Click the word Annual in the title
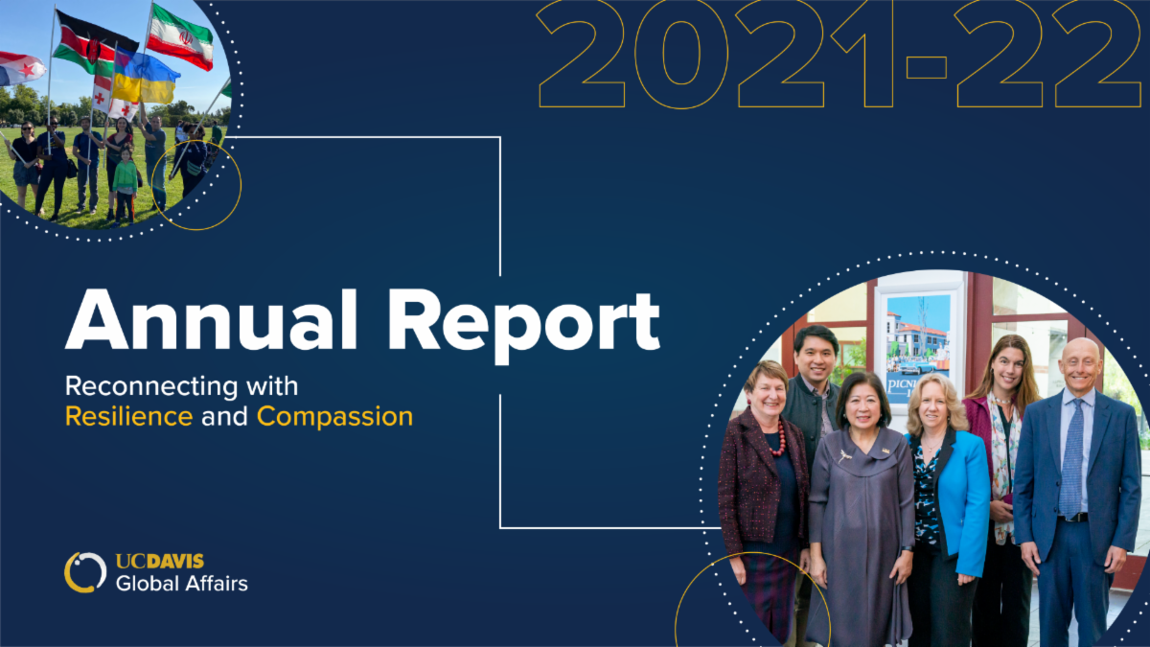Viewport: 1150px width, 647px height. coord(211,320)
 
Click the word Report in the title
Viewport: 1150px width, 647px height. coord(523,327)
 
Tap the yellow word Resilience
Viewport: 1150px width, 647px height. coord(128,416)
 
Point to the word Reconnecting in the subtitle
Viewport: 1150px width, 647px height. coord(152,387)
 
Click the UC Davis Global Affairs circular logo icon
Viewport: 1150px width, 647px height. coord(85,572)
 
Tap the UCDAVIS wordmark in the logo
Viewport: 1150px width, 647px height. coord(160,562)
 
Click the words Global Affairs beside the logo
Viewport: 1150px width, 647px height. coord(182,584)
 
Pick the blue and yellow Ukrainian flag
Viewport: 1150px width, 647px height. coord(146,78)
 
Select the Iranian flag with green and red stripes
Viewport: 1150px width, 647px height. coord(181,37)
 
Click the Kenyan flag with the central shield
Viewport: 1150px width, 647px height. coord(94,45)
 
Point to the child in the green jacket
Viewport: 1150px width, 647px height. coord(126,186)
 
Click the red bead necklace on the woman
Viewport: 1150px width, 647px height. coord(778,439)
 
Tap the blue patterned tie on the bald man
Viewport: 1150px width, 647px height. coord(1071,459)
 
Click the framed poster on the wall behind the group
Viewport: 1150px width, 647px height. coord(919,349)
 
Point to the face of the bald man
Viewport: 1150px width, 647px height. coord(1080,365)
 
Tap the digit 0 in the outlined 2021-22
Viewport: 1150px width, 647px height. coord(681,53)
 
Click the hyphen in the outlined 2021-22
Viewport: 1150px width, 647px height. coord(926,67)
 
